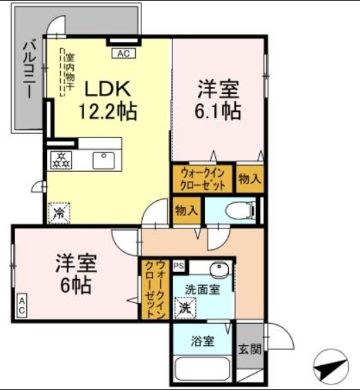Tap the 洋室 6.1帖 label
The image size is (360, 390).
219,99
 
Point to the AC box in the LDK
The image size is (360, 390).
123,52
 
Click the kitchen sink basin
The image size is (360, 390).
104,158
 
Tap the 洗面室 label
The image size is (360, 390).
202,290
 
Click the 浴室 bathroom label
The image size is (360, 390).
202,341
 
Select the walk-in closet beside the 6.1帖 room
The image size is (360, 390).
203,179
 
